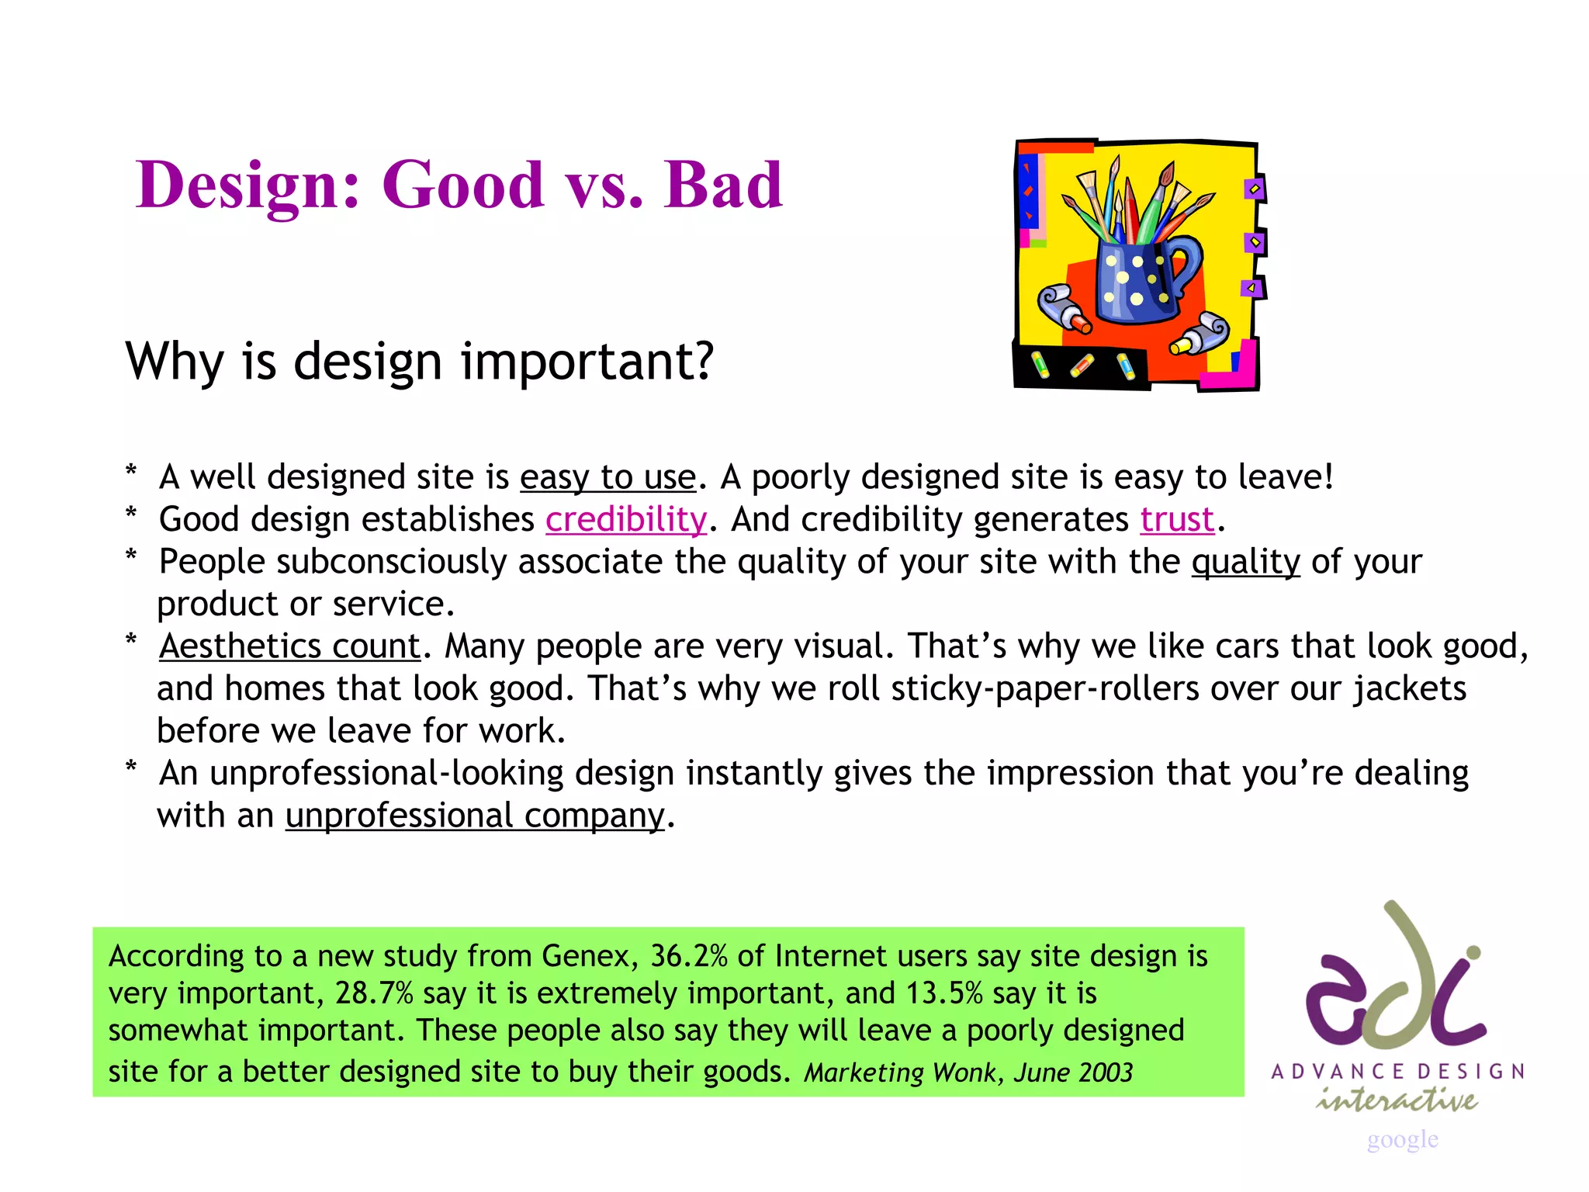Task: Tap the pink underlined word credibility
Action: [x=626, y=519]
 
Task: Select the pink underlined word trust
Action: [x=1176, y=519]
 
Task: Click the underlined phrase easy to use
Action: [x=608, y=476]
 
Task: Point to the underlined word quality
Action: [x=1245, y=561]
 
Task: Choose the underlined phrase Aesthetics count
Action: [x=289, y=646]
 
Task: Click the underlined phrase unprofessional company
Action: [x=475, y=815]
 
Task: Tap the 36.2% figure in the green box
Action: [x=688, y=955]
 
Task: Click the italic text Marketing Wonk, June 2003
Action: [x=968, y=1072]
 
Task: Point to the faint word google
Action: [x=1402, y=1139]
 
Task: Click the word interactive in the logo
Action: [x=1397, y=1100]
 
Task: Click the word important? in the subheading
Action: [x=587, y=362]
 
